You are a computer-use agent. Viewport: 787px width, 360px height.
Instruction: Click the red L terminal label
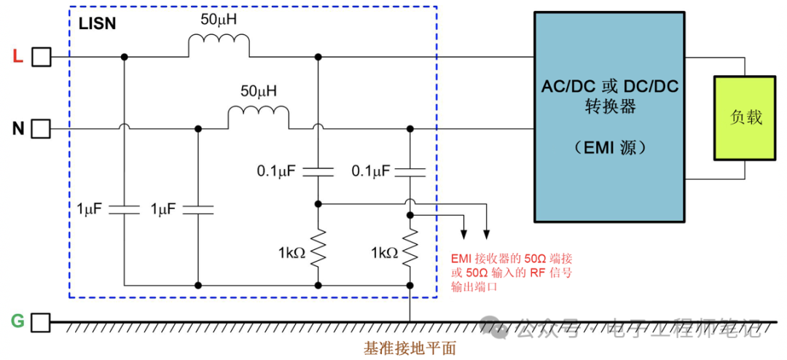(18, 56)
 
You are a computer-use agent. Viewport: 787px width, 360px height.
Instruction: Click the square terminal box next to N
(42, 130)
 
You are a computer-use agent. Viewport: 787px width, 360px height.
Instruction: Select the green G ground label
(18, 321)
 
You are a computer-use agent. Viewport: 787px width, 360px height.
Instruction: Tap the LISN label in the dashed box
(97, 23)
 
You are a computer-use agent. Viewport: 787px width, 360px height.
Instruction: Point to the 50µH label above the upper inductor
(219, 20)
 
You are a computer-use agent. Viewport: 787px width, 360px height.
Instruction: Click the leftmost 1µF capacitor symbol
(125, 210)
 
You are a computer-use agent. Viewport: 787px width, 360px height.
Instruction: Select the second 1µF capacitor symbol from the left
(198, 210)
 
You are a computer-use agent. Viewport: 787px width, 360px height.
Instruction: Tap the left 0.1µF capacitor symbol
(318, 172)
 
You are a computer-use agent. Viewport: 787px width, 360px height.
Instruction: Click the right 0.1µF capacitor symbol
(410, 172)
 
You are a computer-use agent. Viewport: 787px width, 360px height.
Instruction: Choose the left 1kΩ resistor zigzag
(318, 248)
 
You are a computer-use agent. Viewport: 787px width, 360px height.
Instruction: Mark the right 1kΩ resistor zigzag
(410, 248)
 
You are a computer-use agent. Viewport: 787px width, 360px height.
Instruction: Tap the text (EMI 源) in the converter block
(609, 148)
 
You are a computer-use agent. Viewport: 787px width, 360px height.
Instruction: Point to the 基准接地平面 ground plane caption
(410, 348)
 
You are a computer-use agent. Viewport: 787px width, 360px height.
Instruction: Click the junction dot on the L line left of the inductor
(125, 56)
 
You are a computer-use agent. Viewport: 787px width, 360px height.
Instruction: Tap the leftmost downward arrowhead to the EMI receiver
(463, 234)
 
